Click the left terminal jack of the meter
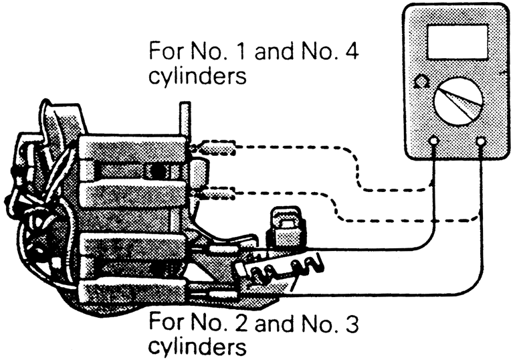434,141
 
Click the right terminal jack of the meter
481,141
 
